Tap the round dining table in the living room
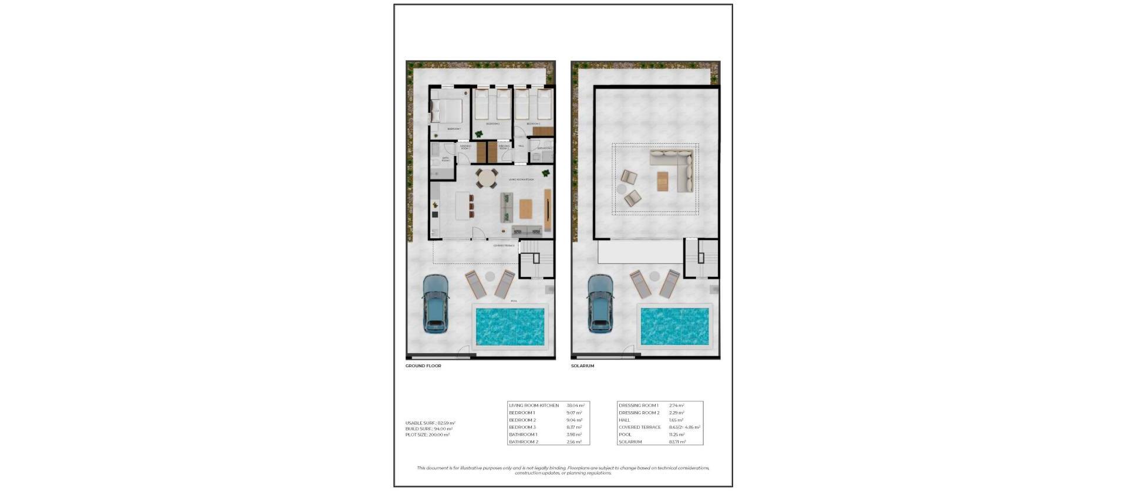tap(486, 178)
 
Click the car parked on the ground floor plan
tap(436, 303)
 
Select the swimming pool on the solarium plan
tap(674, 326)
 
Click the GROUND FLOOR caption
tap(423, 366)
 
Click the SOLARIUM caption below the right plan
tap(582, 366)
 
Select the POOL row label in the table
tap(625, 435)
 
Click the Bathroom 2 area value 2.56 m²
tap(574, 442)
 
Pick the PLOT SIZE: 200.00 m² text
tap(427, 435)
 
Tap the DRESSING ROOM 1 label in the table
tap(638, 405)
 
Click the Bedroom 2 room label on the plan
tap(492, 124)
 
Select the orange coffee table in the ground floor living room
tap(525, 208)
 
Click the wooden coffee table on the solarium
tap(663, 181)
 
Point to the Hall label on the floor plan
tap(521, 146)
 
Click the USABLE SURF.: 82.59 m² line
tap(430, 423)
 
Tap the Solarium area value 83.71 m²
tap(677, 442)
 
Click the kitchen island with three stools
tap(463, 205)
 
